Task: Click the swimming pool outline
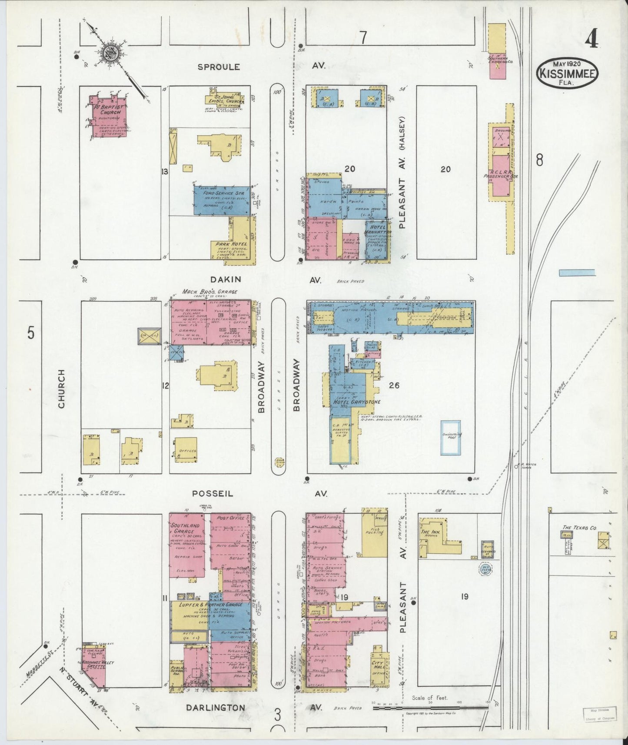click(x=451, y=438)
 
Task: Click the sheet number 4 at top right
click(x=591, y=40)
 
